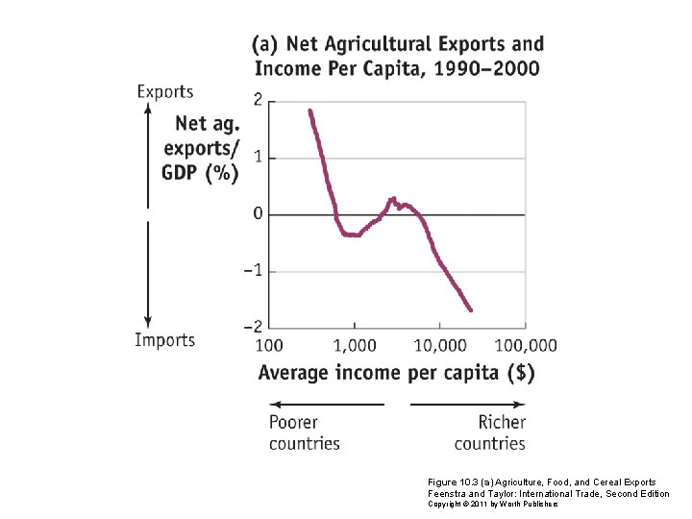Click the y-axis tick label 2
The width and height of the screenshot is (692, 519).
tap(257, 100)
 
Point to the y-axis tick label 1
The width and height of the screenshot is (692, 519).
tap(257, 157)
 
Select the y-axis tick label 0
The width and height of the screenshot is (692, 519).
tap(257, 213)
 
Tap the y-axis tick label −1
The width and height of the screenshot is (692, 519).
tap(252, 271)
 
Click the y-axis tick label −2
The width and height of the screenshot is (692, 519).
tap(252, 327)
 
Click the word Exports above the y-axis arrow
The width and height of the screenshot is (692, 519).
tap(164, 92)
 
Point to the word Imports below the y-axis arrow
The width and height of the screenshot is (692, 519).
tap(164, 340)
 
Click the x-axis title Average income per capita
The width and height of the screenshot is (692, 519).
tap(396, 373)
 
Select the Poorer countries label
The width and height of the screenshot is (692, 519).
tap(304, 432)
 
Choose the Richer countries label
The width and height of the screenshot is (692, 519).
tap(490, 432)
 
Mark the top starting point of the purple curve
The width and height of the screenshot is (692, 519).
tap(309, 111)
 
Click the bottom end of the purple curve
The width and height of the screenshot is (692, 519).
tap(471, 309)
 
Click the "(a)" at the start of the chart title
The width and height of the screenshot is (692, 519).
tap(266, 44)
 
